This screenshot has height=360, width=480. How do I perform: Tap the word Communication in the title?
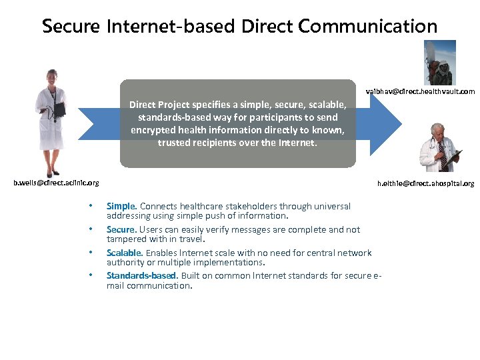pos(367,27)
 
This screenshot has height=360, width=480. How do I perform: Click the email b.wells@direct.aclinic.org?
pos(57,182)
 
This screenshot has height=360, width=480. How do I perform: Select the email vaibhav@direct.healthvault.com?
pos(421,91)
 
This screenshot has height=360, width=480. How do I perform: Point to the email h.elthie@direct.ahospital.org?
pos(425,183)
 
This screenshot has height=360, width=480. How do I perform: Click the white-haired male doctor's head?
pos(437,131)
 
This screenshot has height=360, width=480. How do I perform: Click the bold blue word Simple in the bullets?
pos(121,206)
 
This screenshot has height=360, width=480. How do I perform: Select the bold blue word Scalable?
pos(124,253)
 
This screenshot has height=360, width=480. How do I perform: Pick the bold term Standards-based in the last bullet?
pos(141,275)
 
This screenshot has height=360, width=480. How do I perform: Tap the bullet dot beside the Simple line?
pos(90,206)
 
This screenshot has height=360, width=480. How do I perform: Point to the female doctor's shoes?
pos(51,173)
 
